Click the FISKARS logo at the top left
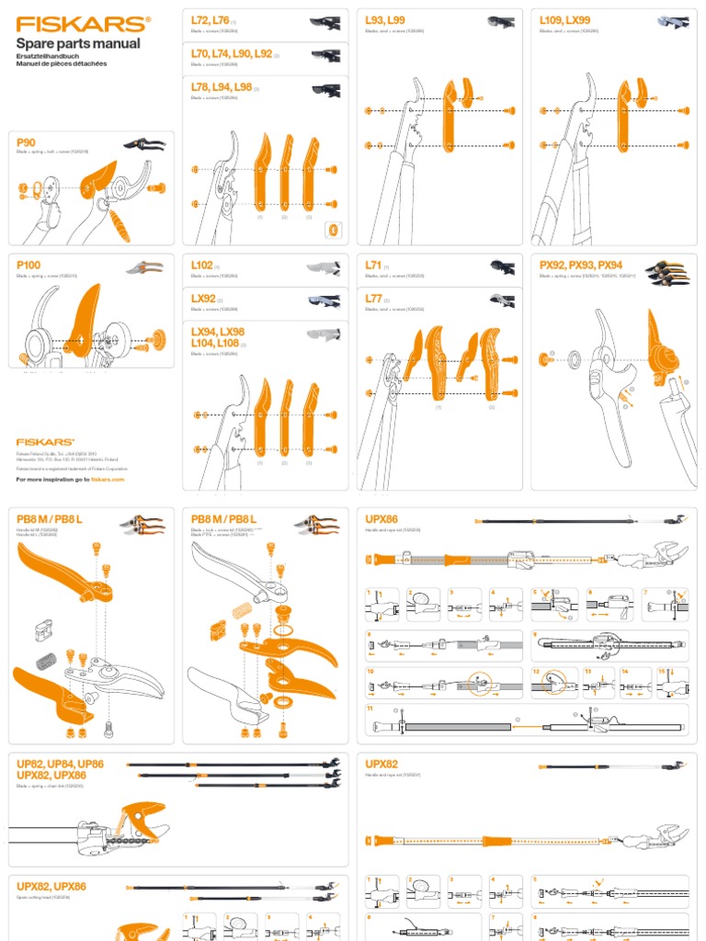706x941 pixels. tap(82, 23)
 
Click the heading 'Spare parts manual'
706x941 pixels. tap(79, 43)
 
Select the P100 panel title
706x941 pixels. tap(29, 265)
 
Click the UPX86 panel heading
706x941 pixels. tap(381, 518)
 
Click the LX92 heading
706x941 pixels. tap(203, 299)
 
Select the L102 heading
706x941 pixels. tap(201, 265)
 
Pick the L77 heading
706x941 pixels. tap(373, 299)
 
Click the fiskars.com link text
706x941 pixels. tap(107, 480)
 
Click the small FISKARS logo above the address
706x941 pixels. tap(45, 442)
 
